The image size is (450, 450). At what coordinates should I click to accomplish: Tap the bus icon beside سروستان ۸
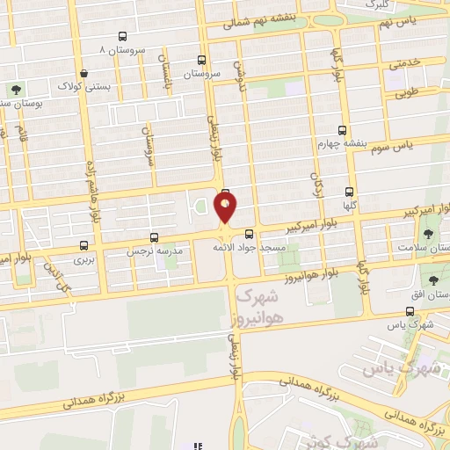tap(121, 37)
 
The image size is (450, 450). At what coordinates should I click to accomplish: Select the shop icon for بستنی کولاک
tap(83, 74)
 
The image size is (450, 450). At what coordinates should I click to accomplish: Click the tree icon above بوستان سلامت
tap(428, 234)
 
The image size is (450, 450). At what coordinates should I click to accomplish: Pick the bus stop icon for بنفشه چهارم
tap(342, 130)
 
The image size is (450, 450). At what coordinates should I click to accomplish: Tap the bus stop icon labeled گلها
tap(350, 192)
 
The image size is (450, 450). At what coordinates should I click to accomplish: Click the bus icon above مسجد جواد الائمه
tap(249, 234)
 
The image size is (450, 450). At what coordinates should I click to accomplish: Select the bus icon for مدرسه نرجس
tap(155, 237)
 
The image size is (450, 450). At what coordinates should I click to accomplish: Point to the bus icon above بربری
tap(83, 245)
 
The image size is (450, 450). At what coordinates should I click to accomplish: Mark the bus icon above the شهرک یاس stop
tap(410, 311)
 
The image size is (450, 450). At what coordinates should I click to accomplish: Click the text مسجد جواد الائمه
tap(249, 249)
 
